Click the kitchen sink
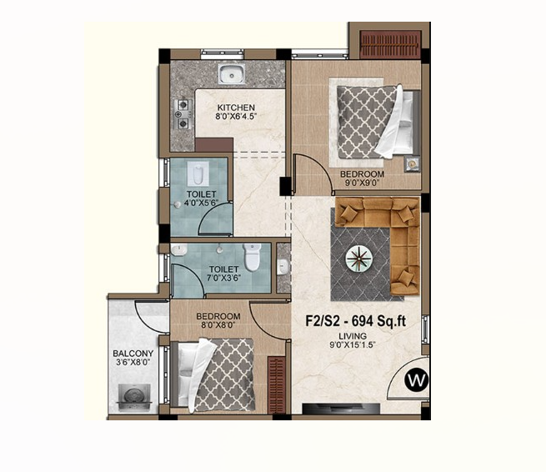coord(232,74)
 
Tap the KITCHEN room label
coord(236,108)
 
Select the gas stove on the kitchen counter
coord(183,114)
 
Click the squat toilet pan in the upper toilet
coord(198,173)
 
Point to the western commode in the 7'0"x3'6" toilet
coord(252,257)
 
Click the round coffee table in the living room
coord(358,259)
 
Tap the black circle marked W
coord(416,380)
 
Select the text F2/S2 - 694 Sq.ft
coord(356,321)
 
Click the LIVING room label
coord(353,336)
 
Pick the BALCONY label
coord(133,354)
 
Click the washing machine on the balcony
coord(134,398)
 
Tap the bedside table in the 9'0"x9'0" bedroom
coord(413,163)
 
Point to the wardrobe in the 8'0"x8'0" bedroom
coord(277,384)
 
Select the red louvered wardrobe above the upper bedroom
coord(390,44)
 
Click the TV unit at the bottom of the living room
coord(341,409)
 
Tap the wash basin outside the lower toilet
coord(283,267)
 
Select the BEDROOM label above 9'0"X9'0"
coord(362,173)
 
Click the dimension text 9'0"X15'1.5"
coord(353,345)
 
